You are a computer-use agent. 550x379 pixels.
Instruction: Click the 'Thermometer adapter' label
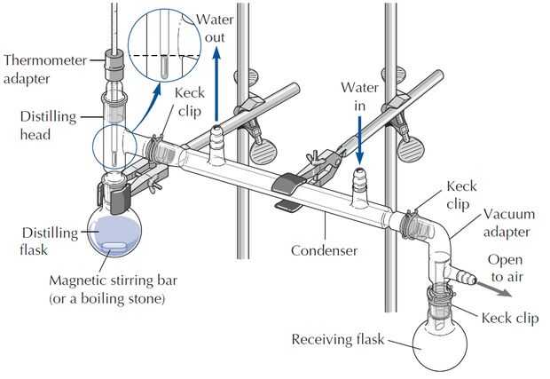[45, 69]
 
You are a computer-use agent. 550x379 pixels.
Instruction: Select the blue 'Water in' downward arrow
[359, 140]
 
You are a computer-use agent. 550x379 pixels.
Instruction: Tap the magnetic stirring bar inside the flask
[114, 246]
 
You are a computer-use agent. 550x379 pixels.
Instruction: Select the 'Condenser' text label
[324, 250]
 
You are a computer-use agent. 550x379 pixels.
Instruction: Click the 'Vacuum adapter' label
[509, 223]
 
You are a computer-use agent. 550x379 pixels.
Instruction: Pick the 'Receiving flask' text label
[338, 340]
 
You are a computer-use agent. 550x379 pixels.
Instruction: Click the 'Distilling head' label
[48, 125]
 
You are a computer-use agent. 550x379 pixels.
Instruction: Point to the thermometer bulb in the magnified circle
[163, 67]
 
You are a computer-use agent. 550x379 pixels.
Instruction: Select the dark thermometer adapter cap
[114, 60]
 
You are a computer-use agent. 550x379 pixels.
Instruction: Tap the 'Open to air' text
[507, 268]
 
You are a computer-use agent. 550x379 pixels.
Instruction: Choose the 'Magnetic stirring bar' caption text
[113, 280]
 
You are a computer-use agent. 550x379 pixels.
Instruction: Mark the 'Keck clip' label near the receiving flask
[510, 319]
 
